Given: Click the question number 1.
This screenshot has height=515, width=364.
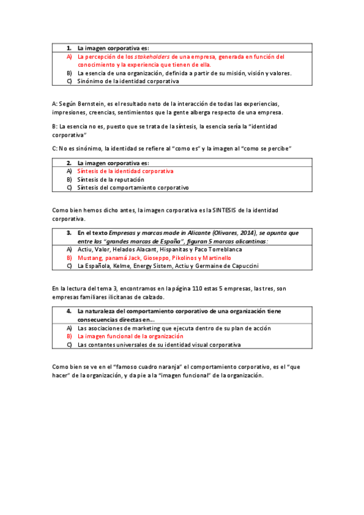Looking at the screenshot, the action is (69, 47).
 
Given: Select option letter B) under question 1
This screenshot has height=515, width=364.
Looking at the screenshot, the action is (70, 73).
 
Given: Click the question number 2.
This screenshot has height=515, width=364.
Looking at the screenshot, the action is (69, 163).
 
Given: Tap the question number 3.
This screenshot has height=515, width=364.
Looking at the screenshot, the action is (69, 233).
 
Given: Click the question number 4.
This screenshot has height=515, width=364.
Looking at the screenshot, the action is (69, 311).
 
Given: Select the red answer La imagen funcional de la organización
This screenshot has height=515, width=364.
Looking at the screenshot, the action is (130, 336).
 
